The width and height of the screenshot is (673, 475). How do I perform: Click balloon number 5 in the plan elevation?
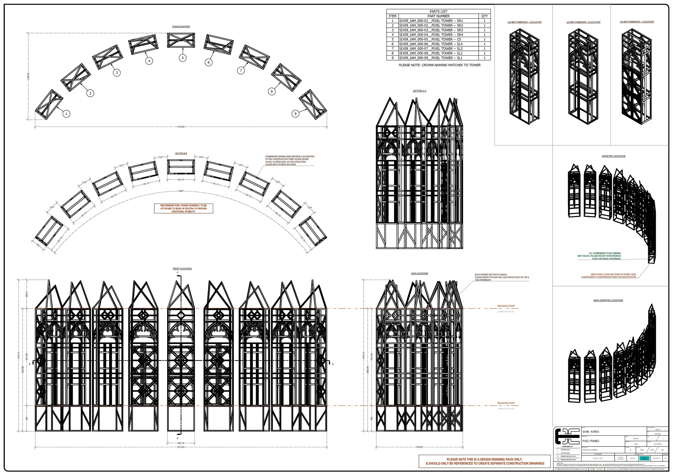tap(182, 58)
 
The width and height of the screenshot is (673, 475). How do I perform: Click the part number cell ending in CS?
tap(439, 39)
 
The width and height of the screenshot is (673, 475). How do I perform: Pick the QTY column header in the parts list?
tap(485, 16)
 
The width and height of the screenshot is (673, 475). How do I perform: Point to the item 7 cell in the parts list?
tap(392, 49)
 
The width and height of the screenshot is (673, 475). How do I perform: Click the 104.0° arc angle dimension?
tap(181, 191)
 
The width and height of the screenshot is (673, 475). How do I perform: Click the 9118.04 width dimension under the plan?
tap(181, 127)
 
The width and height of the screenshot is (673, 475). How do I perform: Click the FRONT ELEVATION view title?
tap(182, 268)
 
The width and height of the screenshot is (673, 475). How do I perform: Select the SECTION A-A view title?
tap(419, 91)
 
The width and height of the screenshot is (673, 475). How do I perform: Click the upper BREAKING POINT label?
tap(506, 306)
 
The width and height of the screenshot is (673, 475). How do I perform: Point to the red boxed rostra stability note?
tap(184, 208)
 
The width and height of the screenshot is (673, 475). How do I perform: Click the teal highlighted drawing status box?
tap(644, 458)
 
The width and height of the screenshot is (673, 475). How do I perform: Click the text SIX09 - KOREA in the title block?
tap(591, 432)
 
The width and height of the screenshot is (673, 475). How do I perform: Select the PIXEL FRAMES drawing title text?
tap(591, 441)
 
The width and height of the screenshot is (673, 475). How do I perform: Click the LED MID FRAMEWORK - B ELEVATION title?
tap(583, 22)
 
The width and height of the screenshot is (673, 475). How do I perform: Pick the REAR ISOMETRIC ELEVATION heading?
tap(608, 300)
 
